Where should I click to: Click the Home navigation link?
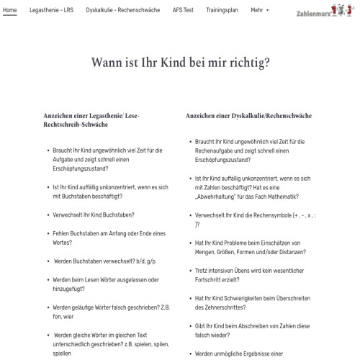pyautogui.click(x=10, y=11)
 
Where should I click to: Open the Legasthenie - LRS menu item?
pyautogui.click(x=51, y=11)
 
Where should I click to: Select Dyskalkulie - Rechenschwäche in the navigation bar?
pyautogui.click(x=122, y=11)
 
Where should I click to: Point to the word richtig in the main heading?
pyautogui.click(x=246, y=63)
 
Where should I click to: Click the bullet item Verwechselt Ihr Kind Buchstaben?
pyautogui.click(x=94, y=215)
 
